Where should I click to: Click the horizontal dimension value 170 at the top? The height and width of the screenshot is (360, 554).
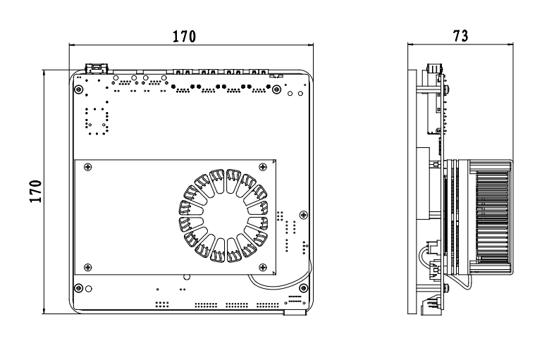pyautogui.click(x=185, y=36)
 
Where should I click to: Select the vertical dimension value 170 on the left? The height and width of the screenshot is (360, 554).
pyautogui.click(x=36, y=191)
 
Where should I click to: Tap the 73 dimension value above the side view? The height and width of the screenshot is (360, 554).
pyautogui.click(x=461, y=36)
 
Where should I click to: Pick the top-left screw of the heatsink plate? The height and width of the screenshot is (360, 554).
pyautogui.click(x=87, y=166)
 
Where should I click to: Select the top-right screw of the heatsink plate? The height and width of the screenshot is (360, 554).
pyautogui.click(x=263, y=166)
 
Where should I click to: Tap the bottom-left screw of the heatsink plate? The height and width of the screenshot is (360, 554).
pyautogui.click(x=87, y=266)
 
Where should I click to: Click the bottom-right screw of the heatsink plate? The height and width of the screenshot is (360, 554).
pyautogui.click(x=263, y=266)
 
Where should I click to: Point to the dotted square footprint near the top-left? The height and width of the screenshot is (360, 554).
pyautogui.click(x=95, y=120)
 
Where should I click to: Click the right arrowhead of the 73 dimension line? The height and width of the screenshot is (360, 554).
pyautogui.click(x=511, y=45)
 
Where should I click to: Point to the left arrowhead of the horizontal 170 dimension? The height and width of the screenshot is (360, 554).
pyautogui.click(x=72, y=45)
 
